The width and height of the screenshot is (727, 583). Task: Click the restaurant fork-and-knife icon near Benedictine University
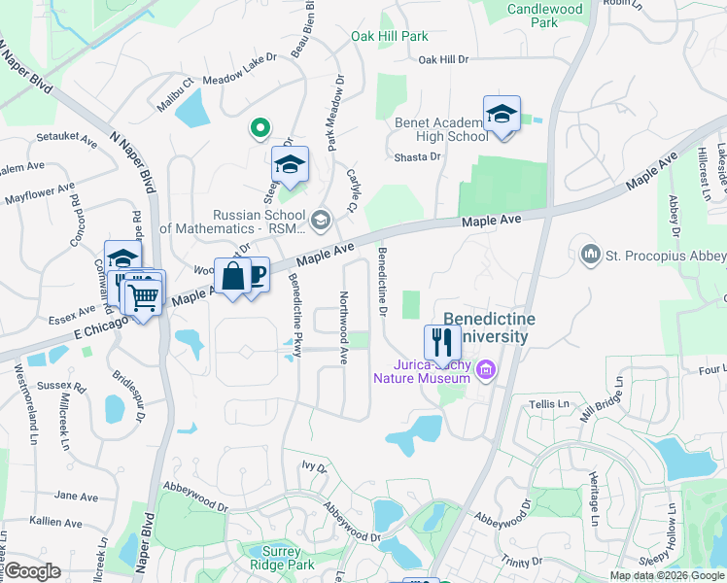tap(442, 341)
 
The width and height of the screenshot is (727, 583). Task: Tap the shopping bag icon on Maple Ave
tap(233, 276)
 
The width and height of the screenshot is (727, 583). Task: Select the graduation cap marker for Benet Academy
tap(502, 115)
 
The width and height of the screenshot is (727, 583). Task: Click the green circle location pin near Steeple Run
tap(260, 126)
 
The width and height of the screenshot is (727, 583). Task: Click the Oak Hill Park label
tap(389, 37)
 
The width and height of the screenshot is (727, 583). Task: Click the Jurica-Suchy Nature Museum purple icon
tap(486, 369)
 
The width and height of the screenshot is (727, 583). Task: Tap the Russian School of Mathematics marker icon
tap(321, 221)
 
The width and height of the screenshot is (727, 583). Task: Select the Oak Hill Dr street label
tap(443, 59)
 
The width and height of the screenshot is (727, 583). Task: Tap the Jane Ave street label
tap(77, 496)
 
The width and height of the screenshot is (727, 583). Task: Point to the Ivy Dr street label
tap(313, 466)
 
